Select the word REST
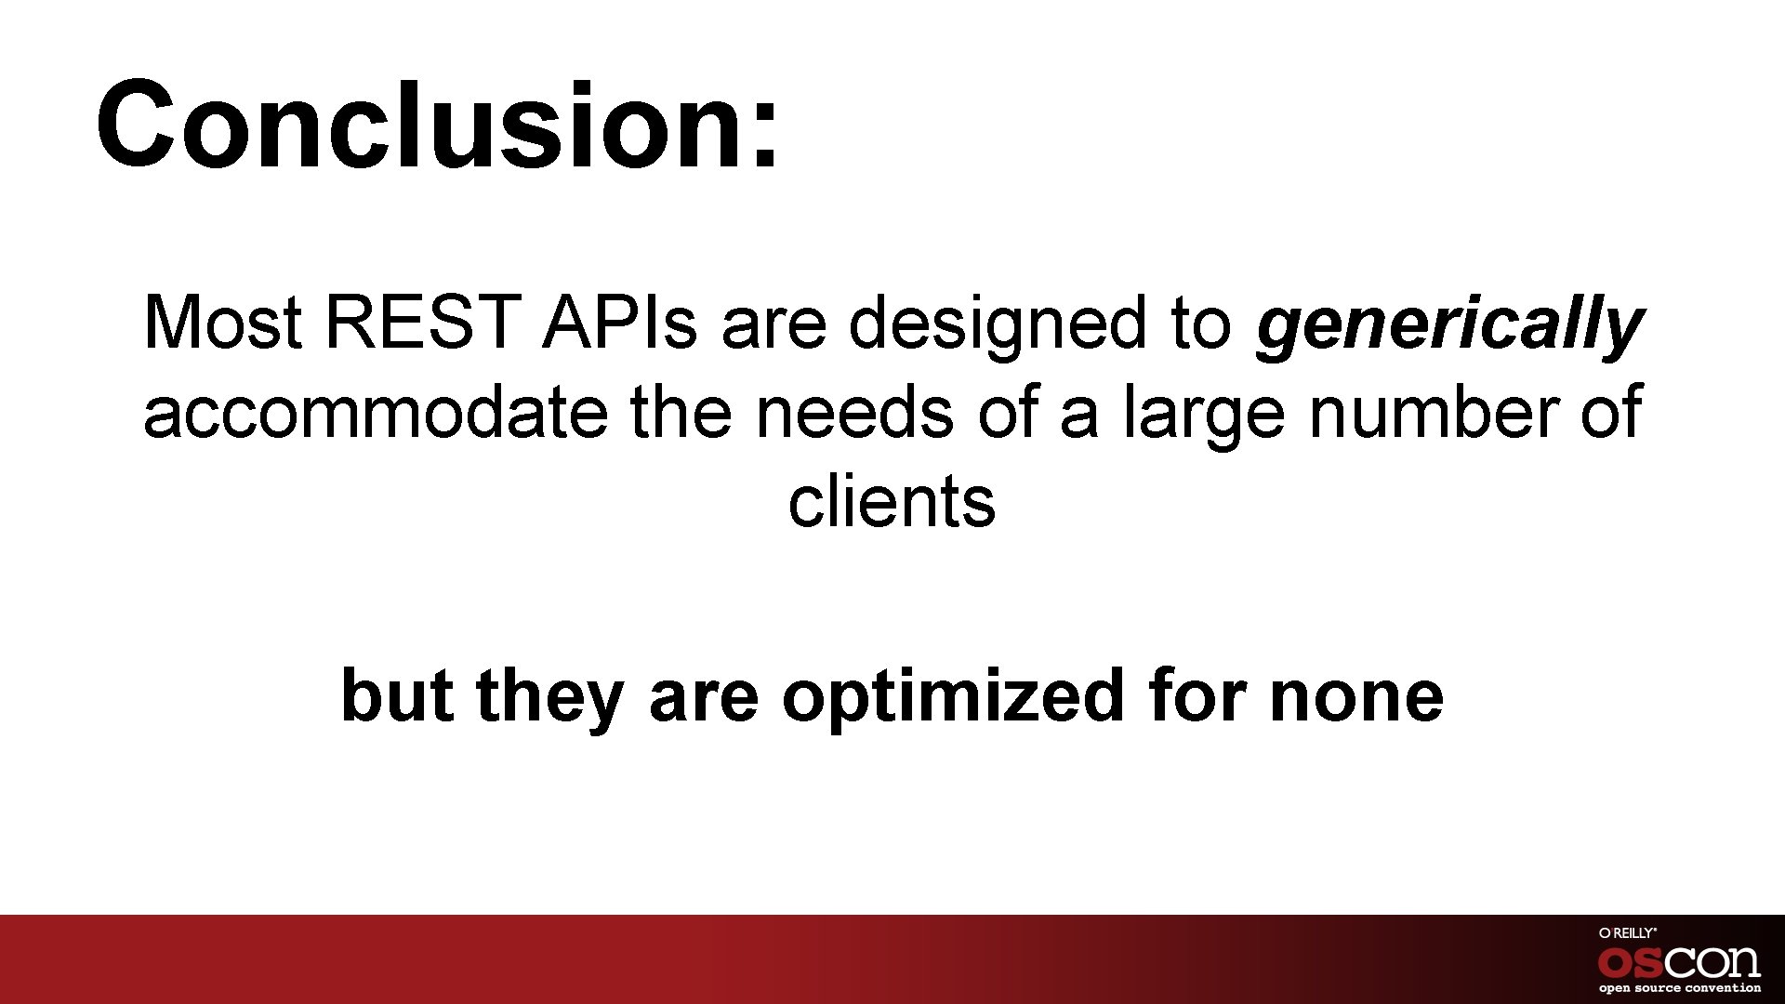coord(423,324)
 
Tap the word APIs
coord(620,324)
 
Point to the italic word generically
coord(1448,325)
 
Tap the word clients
coord(892,502)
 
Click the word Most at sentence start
coord(223,324)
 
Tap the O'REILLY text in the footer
coord(1627,932)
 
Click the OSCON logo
coord(1679,961)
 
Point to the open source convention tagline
coord(1679,988)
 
